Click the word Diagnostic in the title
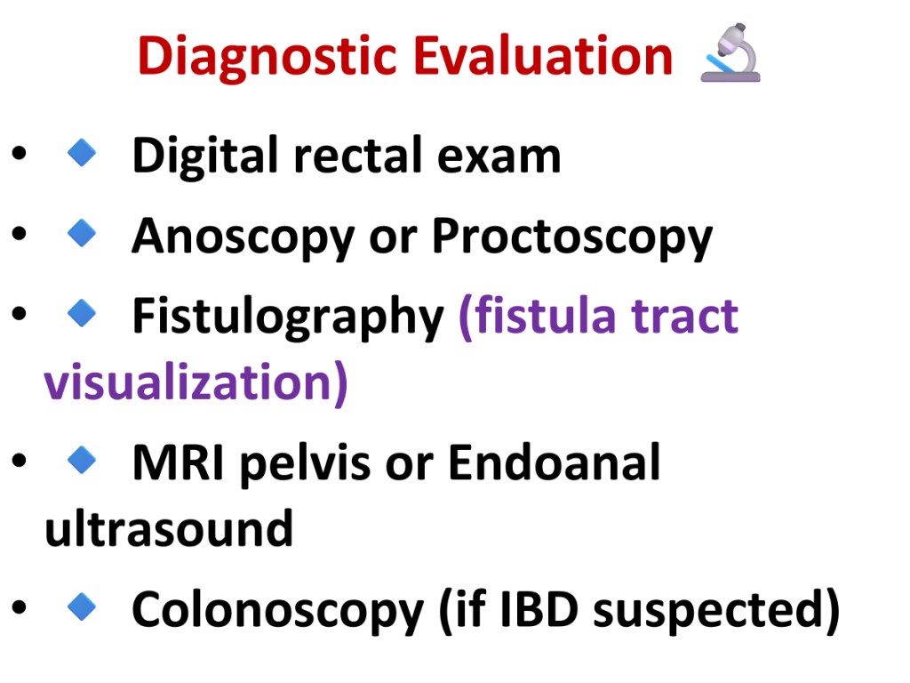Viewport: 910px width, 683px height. point(267,57)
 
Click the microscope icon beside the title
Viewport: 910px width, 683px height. point(731,52)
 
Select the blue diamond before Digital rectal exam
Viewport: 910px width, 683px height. point(82,153)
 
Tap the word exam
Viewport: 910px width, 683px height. point(499,158)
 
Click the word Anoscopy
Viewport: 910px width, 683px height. point(243,238)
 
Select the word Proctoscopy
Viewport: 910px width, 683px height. point(572,238)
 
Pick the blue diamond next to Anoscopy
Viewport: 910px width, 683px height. point(82,233)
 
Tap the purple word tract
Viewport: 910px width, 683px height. point(685,317)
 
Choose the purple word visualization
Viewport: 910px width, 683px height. point(189,382)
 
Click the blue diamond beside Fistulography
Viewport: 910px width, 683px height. point(82,313)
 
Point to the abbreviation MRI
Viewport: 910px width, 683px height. point(179,462)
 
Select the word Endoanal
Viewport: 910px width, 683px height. point(555,462)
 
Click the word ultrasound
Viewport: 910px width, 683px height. point(169,528)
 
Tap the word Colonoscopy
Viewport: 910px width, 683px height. point(278,611)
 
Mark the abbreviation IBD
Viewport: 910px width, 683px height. point(539,610)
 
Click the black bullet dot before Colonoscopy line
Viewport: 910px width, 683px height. point(20,607)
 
